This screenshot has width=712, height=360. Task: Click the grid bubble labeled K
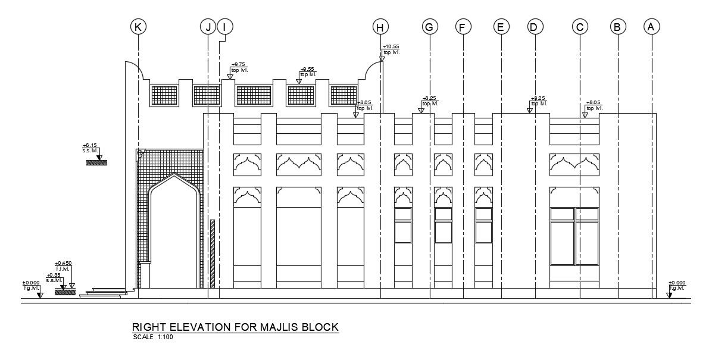(x=138, y=26)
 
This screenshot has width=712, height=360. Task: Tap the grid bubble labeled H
(x=380, y=26)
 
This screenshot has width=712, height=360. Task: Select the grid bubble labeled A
(x=651, y=26)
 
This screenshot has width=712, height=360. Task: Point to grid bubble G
(x=429, y=26)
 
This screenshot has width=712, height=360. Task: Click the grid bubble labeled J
(x=208, y=26)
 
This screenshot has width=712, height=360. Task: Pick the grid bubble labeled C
(x=580, y=26)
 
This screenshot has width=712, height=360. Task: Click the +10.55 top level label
(x=391, y=49)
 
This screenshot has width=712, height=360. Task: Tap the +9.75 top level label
(x=239, y=67)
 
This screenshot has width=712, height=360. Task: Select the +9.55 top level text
(x=308, y=71)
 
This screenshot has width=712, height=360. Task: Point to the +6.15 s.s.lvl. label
(x=90, y=148)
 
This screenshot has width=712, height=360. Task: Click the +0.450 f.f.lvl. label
(x=63, y=266)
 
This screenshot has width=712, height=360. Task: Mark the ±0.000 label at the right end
(x=677, y=285)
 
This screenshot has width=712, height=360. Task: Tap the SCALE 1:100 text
(x=152, y=337)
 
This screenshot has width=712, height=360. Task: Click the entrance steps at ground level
(x=106, y=292)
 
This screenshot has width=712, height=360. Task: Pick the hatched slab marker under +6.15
(x=96, y=162)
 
